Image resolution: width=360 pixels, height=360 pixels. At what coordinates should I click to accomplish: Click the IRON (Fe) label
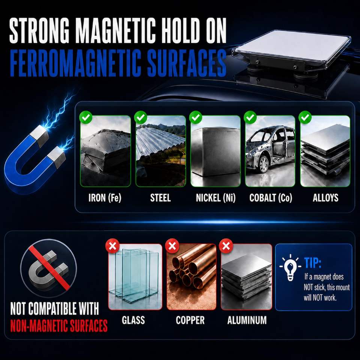105,198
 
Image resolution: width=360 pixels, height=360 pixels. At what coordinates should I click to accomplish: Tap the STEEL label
160,198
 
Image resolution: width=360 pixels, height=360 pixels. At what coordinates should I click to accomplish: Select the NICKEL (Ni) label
216,198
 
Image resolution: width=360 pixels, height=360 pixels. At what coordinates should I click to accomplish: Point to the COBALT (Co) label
271,198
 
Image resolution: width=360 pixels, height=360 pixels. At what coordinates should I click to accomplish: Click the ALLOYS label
325,198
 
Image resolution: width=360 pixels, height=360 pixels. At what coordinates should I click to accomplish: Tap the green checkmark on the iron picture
86,117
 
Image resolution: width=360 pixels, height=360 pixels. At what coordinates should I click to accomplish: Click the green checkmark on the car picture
250,117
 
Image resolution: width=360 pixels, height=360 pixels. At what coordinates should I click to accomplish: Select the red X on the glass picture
112,246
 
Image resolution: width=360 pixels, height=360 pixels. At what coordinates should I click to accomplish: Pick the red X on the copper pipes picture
172,246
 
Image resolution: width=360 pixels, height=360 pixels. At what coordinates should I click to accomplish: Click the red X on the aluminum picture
226,246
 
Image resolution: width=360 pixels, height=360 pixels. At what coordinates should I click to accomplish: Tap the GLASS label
133,320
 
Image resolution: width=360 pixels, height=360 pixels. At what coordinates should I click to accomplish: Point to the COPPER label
190,320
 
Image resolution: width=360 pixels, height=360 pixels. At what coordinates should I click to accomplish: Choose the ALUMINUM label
247,320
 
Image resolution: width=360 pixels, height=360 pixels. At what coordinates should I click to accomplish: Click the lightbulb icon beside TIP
290,267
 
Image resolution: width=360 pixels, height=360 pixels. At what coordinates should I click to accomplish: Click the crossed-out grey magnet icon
48,268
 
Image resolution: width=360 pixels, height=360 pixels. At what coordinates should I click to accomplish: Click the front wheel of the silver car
264,164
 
